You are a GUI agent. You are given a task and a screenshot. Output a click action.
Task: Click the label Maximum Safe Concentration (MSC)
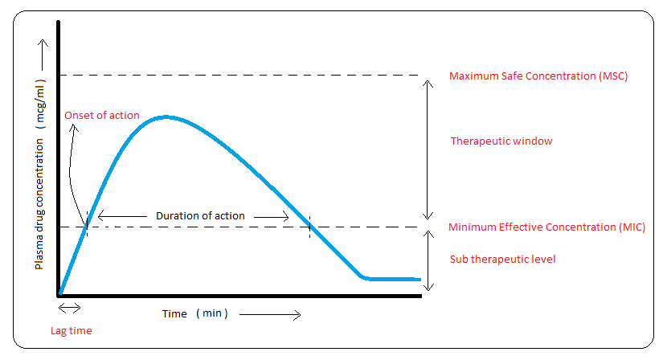pyautogui.click(x=538, y=76)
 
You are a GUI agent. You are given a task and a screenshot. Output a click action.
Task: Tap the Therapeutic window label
pyautogui.click(x=501, y=141)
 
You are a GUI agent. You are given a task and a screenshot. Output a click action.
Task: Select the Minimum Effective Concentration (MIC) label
pyautogui.click(x=546, y=227)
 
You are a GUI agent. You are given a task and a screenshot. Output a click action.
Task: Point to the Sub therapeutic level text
pyautogui.click(x=503, y=259)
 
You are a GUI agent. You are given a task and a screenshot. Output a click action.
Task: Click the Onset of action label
pyautogui.click(x=102, y=116)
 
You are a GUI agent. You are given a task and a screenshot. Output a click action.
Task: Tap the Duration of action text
pyautogui.click(x=200, y=215)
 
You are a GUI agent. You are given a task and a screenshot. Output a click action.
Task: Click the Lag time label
pyautogui.click(x=71, y=331)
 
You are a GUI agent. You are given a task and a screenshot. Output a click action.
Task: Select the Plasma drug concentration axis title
pyautogui.click(x=39, y=204)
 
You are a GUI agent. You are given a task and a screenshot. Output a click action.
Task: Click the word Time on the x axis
pyautogui.click(x=174, y=314)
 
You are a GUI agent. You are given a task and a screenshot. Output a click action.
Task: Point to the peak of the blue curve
pyautogui.click(x=166, y=117)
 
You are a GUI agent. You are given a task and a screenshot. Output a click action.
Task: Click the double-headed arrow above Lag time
pyautogui.click(x=69, y=308)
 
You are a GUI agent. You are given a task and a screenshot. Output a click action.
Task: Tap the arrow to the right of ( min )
pyautogui.click(x=270, y=315)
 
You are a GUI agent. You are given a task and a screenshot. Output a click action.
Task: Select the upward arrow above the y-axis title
pyautogui.click(x=43, y=55)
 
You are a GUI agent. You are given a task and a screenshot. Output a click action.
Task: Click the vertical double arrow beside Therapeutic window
pyautogui.click(x=428, y=149)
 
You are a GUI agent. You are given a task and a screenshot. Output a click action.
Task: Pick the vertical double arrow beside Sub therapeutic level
pyautogui.click(x=429, y=261)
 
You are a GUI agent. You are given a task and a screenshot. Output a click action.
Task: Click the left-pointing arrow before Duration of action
pyautogui.click(x=122, y=216)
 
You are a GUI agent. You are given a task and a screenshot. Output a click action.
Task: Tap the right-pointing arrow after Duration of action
pyautogui.click(x=271, y=217)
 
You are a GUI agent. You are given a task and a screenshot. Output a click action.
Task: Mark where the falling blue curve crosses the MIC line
pyautogui.click(x=309, y=227)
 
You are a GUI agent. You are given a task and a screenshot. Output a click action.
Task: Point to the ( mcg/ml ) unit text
pyautogui.click(x=40, y=104)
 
